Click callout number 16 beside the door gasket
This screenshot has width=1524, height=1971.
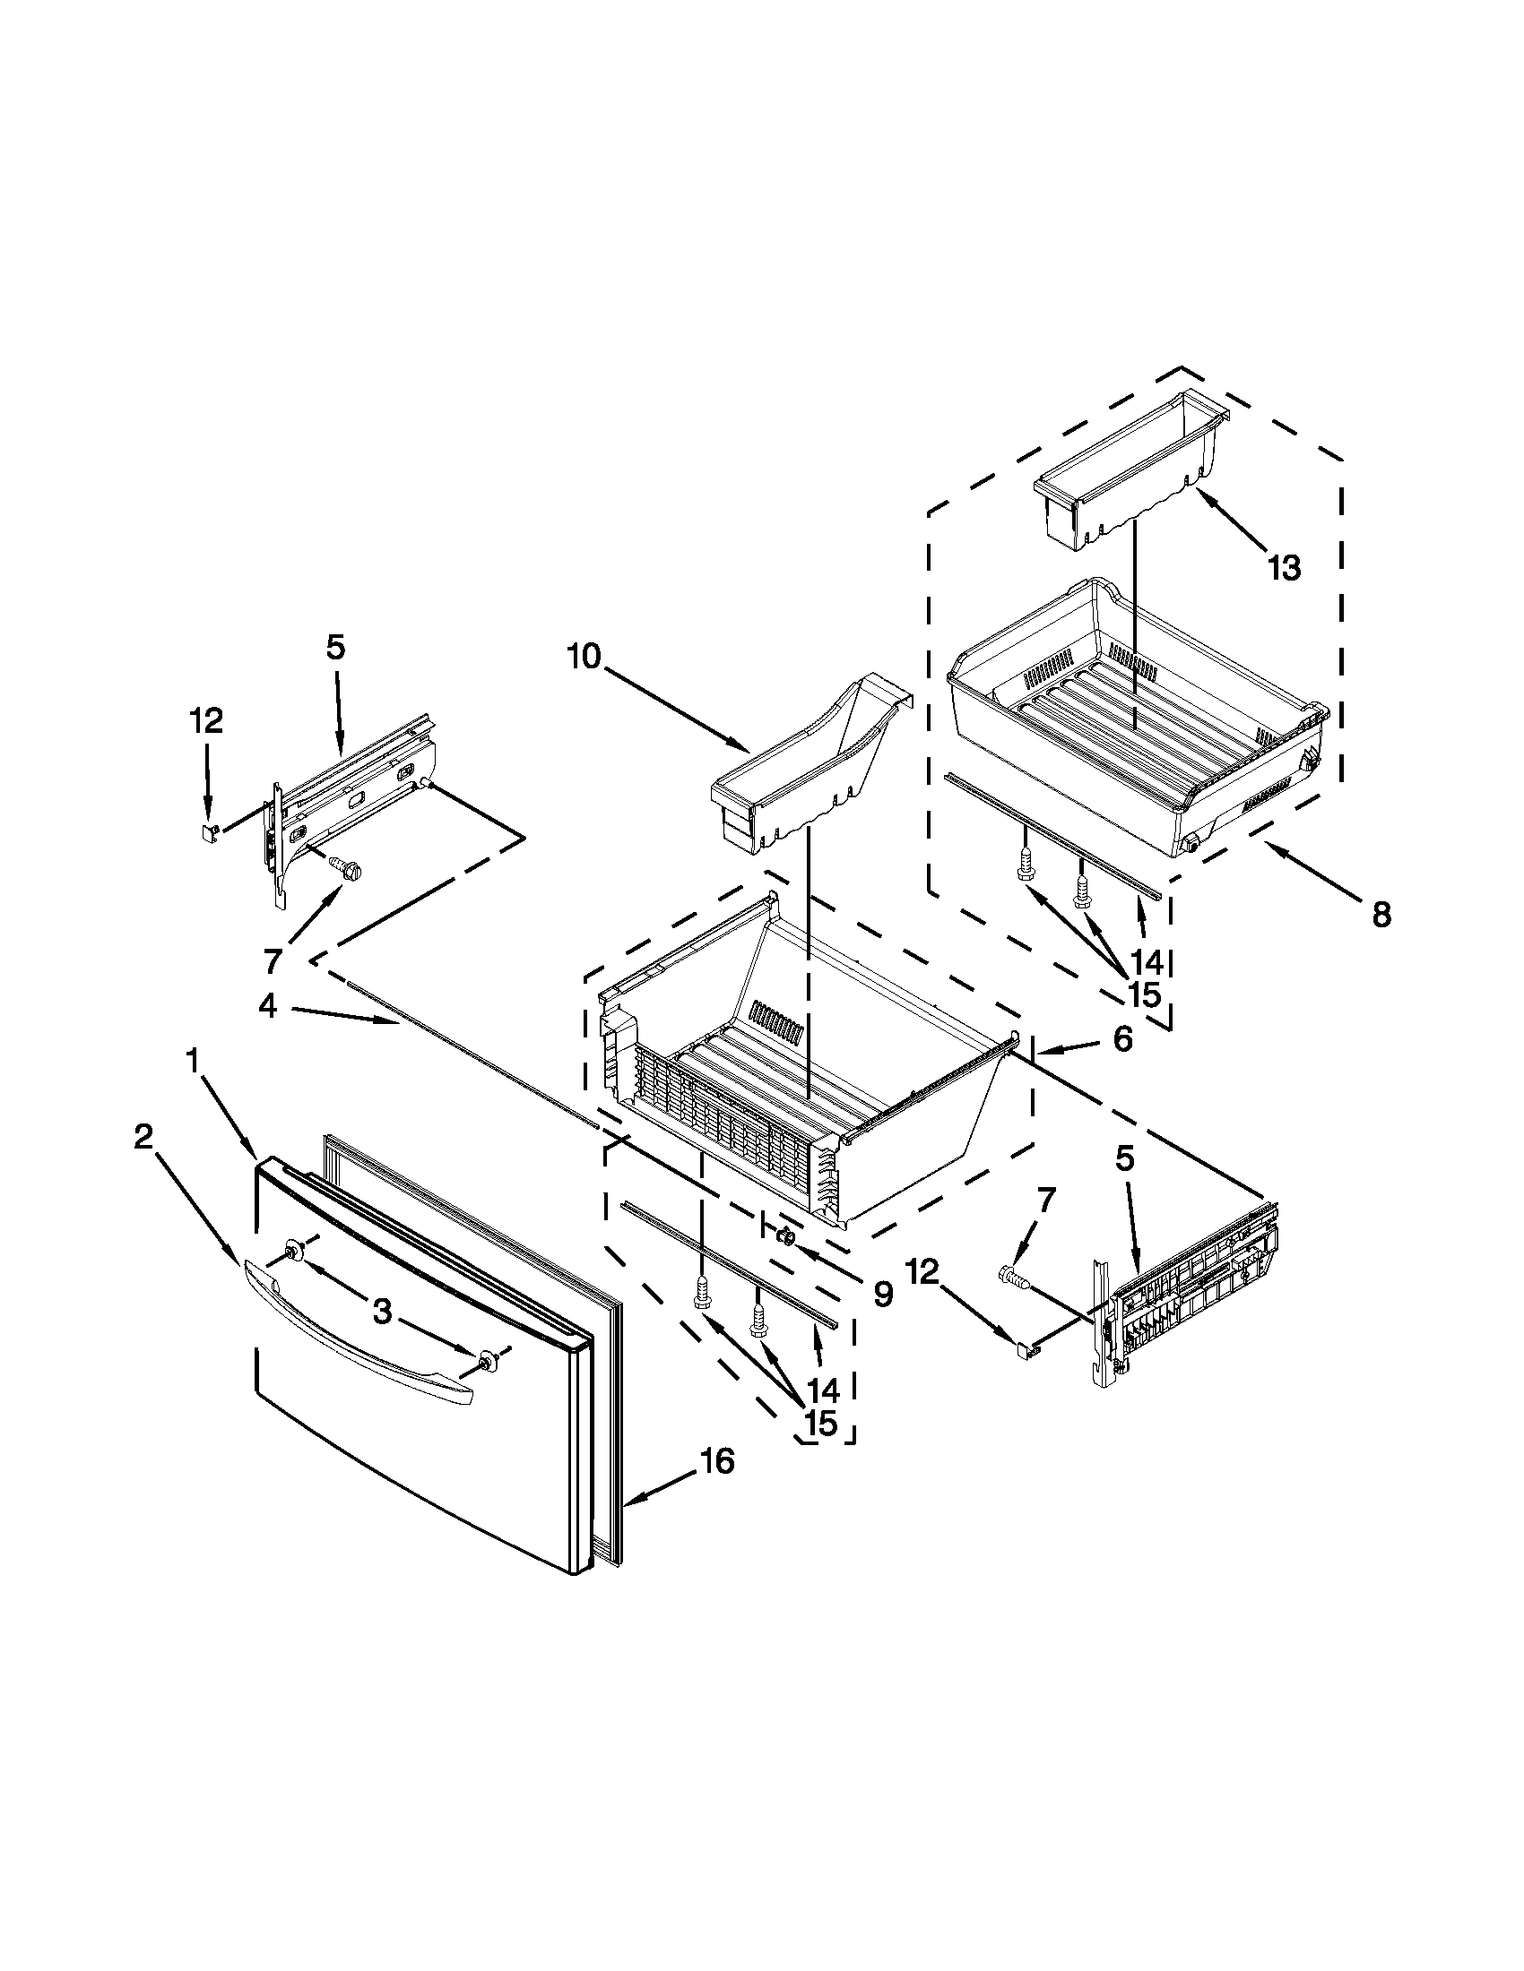[718, 1461]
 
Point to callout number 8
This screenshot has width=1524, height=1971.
[1381, 915]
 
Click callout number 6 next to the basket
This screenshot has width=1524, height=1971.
[1121, 1039]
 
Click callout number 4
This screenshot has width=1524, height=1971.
[267, 1006]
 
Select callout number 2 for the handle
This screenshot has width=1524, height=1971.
[143, 1138]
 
